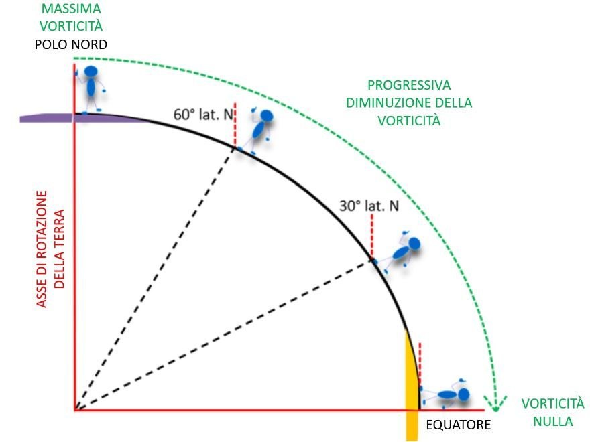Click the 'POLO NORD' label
tap(71, 44)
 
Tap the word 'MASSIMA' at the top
tap(71, 9)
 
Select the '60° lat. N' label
tap(203, 115)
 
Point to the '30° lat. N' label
tap(369, 206)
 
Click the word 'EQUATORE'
tap(459, 425)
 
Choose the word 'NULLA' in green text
tap(552, 421)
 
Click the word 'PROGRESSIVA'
tap(409, 85)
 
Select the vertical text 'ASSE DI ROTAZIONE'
tap(42, 249)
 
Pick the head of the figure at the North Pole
tap(91, 71)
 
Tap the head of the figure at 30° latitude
tap(414, 244)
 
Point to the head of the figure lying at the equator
tap(463, 394)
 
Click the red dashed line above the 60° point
tap(235, 125)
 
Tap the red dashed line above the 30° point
tap(371, 236)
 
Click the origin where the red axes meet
tap(75, 409)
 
